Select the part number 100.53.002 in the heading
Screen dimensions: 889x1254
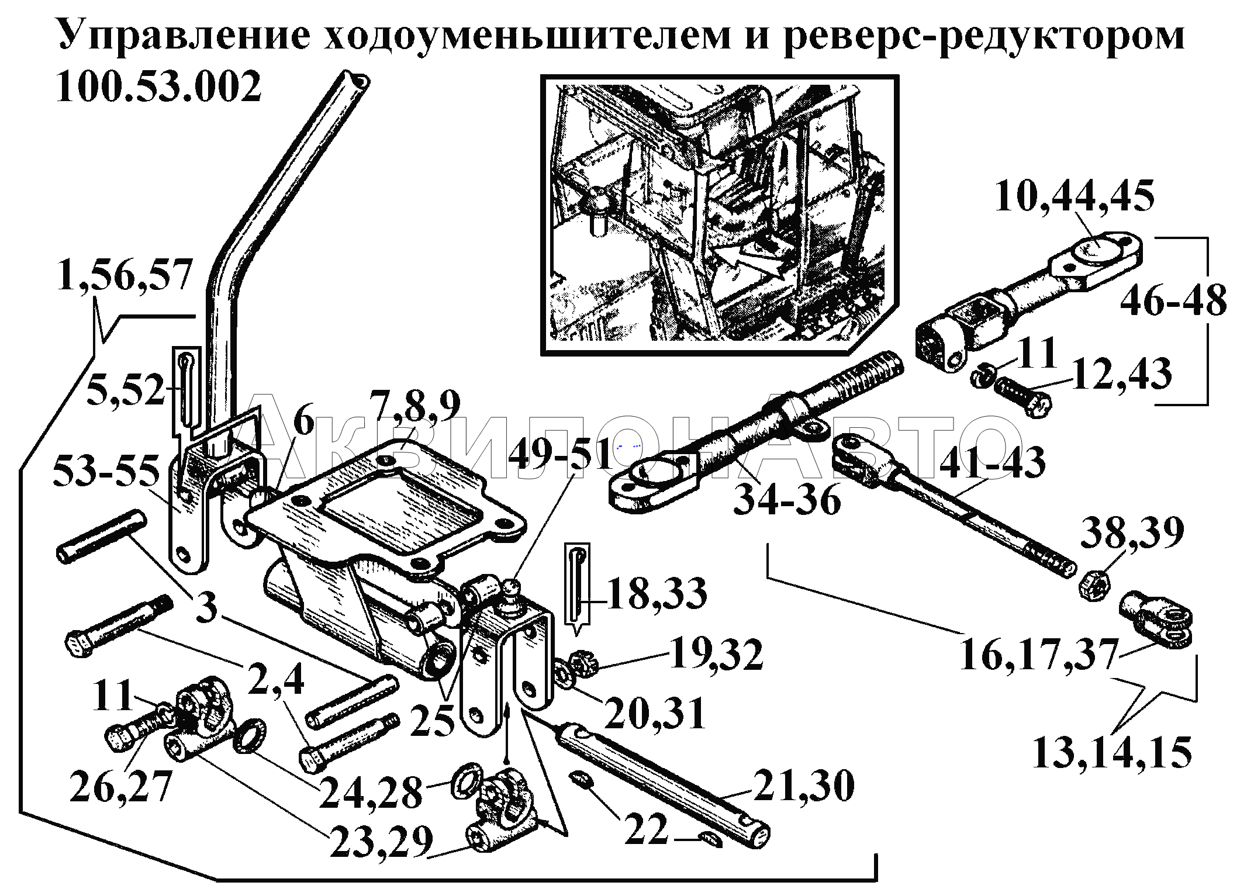158,88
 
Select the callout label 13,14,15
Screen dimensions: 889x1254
1111,752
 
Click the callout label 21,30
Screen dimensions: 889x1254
803,786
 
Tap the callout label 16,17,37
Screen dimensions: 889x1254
1038,653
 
